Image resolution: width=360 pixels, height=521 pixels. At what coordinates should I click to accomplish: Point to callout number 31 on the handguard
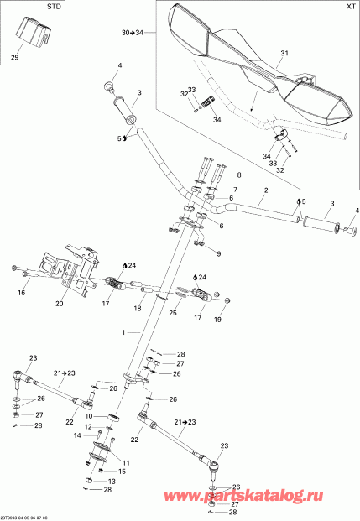283,53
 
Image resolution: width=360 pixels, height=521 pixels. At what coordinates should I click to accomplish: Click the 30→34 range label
133,33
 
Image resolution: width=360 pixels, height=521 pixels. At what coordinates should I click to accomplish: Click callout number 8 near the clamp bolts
237,175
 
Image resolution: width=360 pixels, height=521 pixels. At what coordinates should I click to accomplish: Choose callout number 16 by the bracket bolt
22,293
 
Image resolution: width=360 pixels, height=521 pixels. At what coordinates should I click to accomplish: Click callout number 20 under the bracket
59,304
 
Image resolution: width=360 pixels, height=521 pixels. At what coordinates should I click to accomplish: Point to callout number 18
138,309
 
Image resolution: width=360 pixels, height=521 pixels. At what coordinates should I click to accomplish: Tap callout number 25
172,312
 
